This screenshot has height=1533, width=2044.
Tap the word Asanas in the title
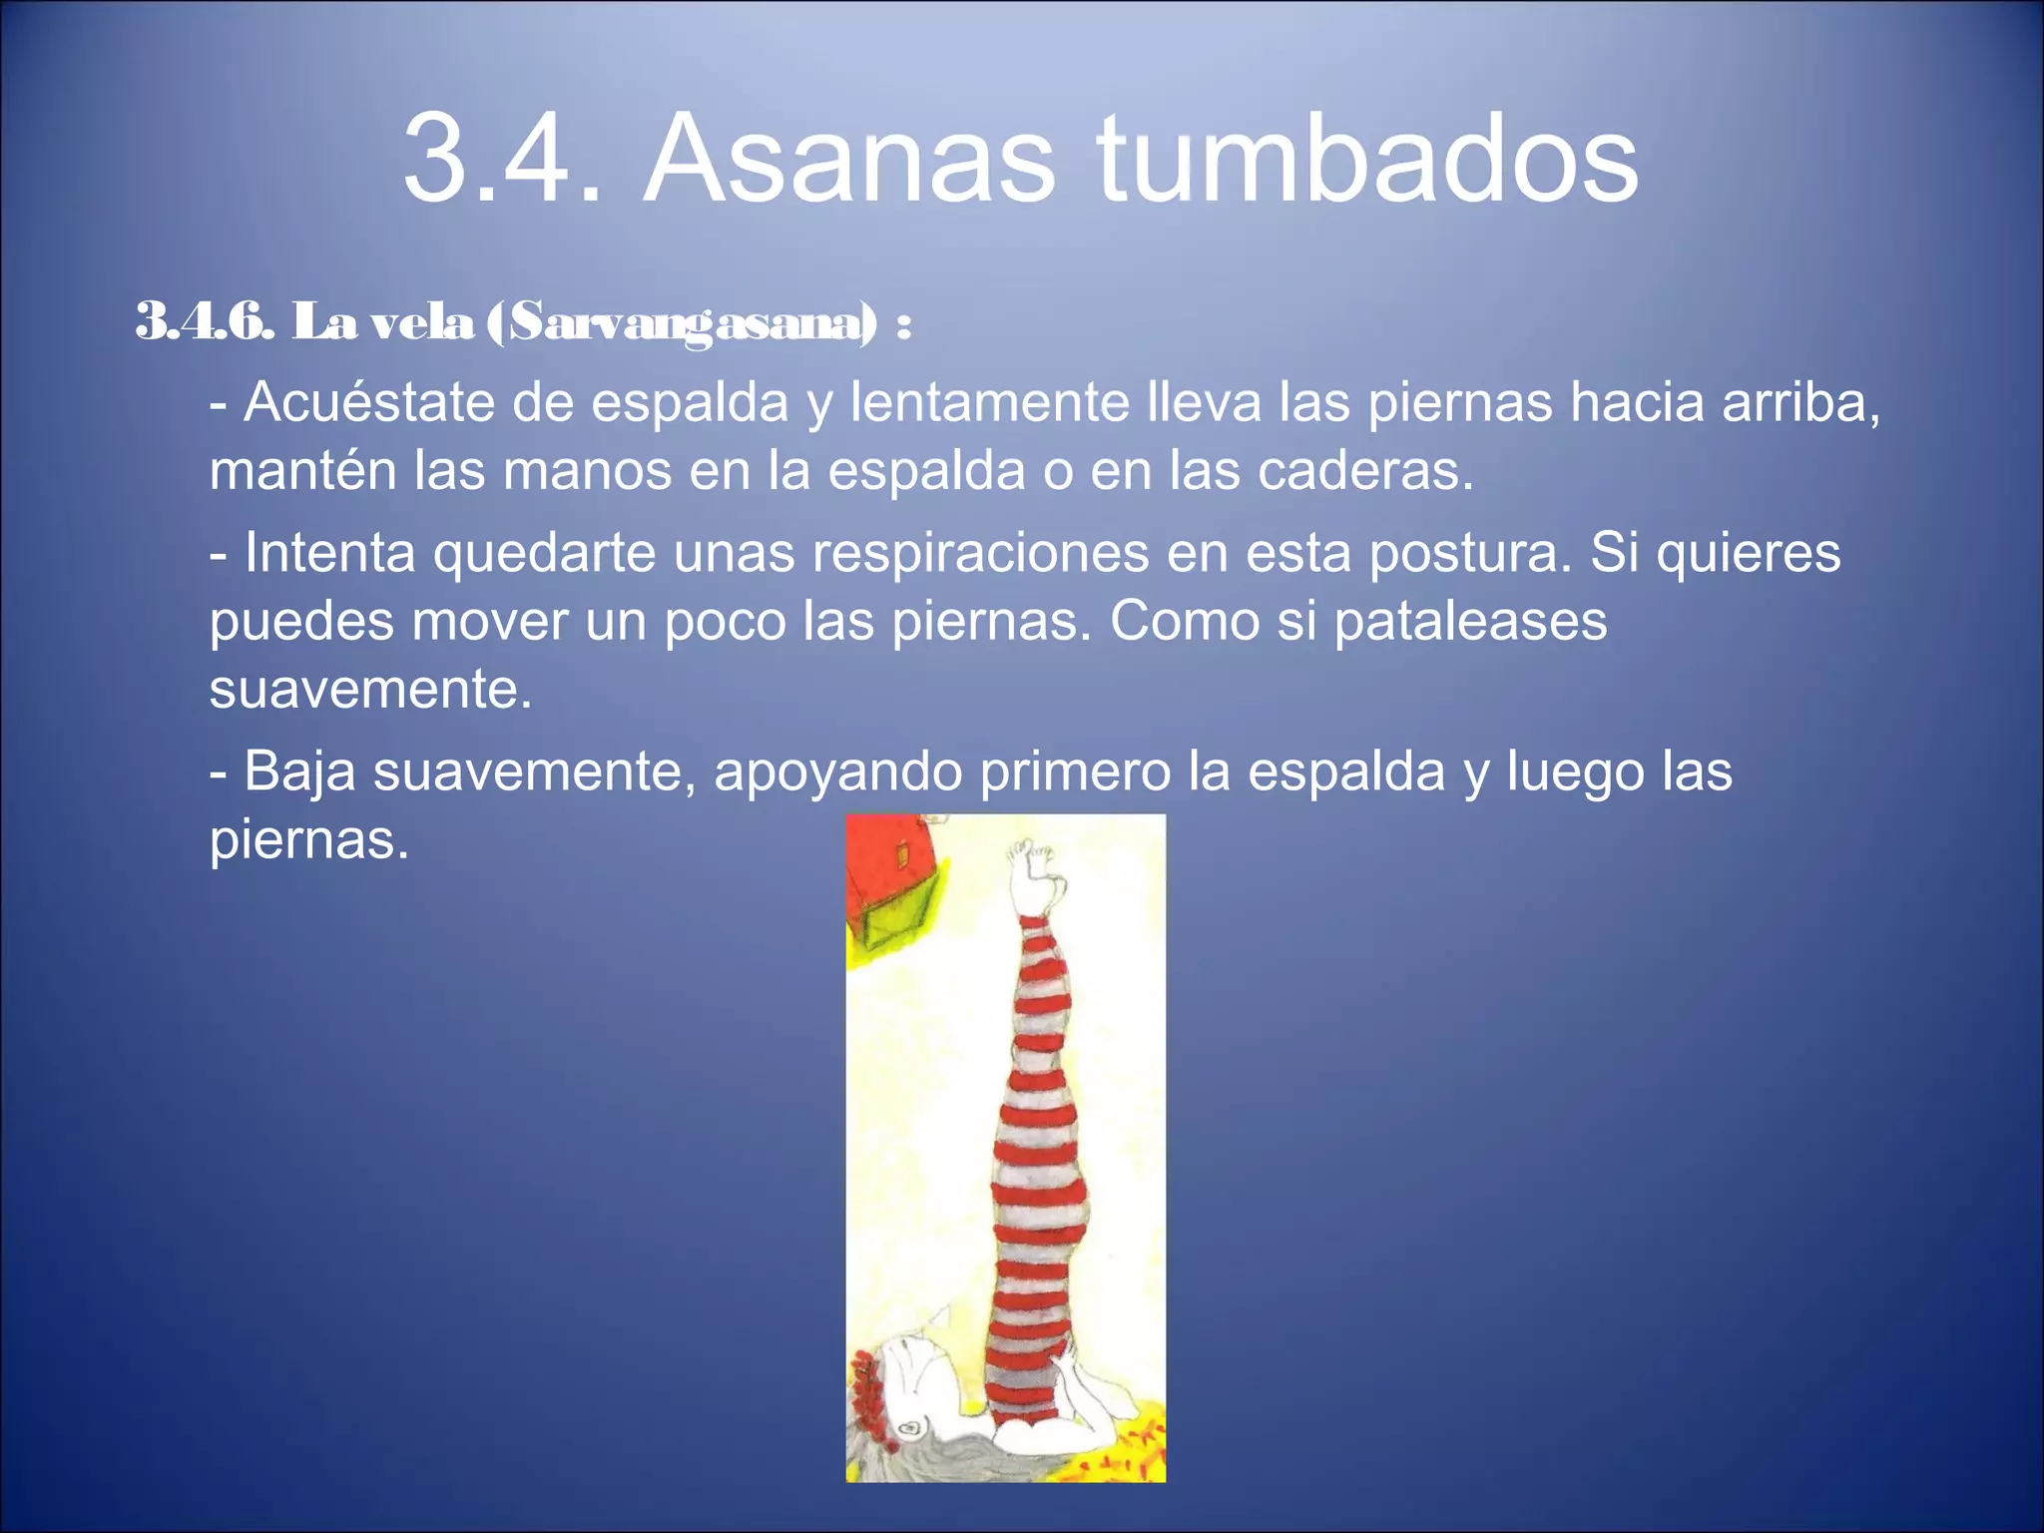(848, 160)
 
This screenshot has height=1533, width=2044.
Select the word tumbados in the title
(1367, 160)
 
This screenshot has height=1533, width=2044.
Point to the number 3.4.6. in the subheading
(204, 321)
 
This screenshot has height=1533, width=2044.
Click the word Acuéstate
(369, 402)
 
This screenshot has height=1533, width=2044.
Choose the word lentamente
(988, 402)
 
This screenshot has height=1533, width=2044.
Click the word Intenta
(329, 552)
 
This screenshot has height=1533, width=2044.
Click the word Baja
(299, 771)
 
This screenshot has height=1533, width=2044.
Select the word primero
(1074, 771)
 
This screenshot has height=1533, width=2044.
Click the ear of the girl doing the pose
(910, 1428)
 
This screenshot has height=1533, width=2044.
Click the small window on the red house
(903, 855)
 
